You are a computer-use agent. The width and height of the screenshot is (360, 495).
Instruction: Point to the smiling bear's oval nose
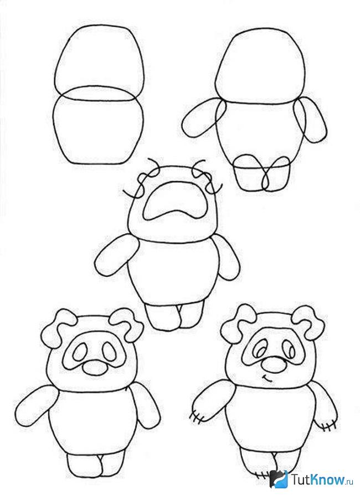click(x=272, y=365)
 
